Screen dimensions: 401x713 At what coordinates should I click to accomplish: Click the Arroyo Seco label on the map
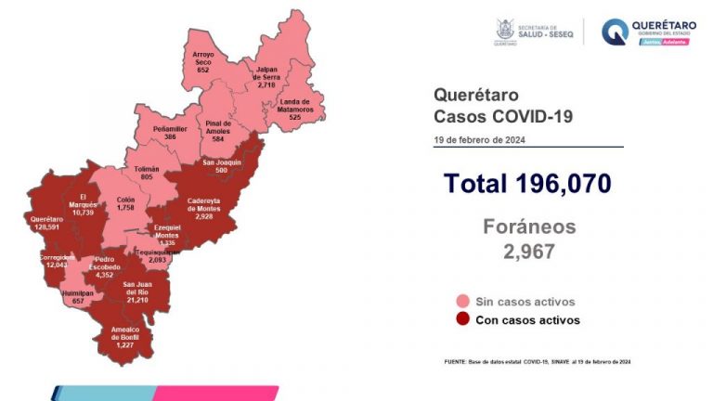(x=202, y=62)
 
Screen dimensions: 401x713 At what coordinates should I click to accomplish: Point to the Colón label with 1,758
(x=126, y=203)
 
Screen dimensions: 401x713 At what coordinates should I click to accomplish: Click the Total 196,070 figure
(x=526, y=184)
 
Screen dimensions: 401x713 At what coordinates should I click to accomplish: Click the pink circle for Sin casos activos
(x=461, y=302)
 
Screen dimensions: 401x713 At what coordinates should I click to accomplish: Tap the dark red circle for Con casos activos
(x=461, y=320)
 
